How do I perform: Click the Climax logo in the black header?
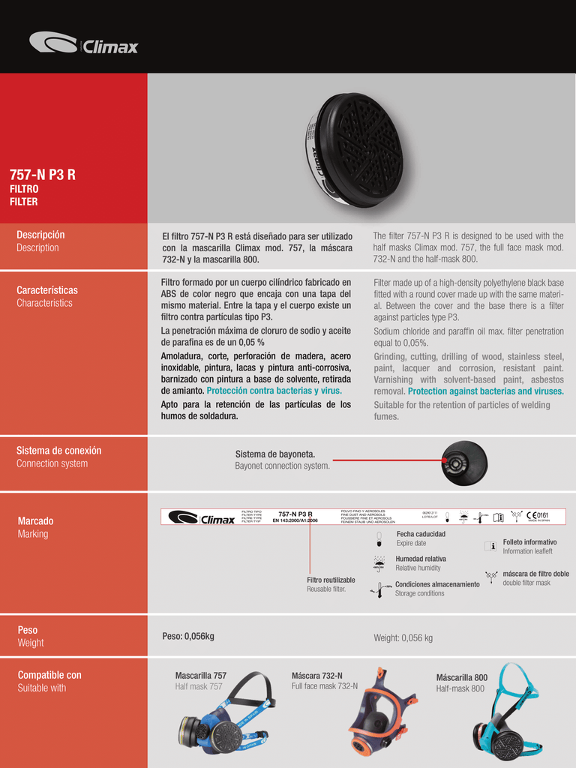(x=83, y=43)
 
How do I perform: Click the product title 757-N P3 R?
(x=42, y=175)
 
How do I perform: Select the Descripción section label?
(x=40, y=235)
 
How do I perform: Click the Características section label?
(x=46, y=290)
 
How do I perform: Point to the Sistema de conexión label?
(x=58, y=451)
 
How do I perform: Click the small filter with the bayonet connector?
(x=464, y=462)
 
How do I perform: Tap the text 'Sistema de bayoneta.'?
(x=275, y=454)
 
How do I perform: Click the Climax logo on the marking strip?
(x=202, y=517)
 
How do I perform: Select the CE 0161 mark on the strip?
(x=537, y=515)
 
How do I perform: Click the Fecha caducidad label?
(x=421, y=534)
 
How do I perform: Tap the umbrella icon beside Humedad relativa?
(x=379, y=562)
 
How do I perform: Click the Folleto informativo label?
(x=529, y=541)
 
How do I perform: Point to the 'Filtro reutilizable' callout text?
(x=331, y=580)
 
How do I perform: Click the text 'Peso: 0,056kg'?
(x=188, y=637)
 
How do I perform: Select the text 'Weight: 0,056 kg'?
(x=403, y=638)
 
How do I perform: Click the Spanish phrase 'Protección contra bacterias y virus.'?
(x=274, y=391)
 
